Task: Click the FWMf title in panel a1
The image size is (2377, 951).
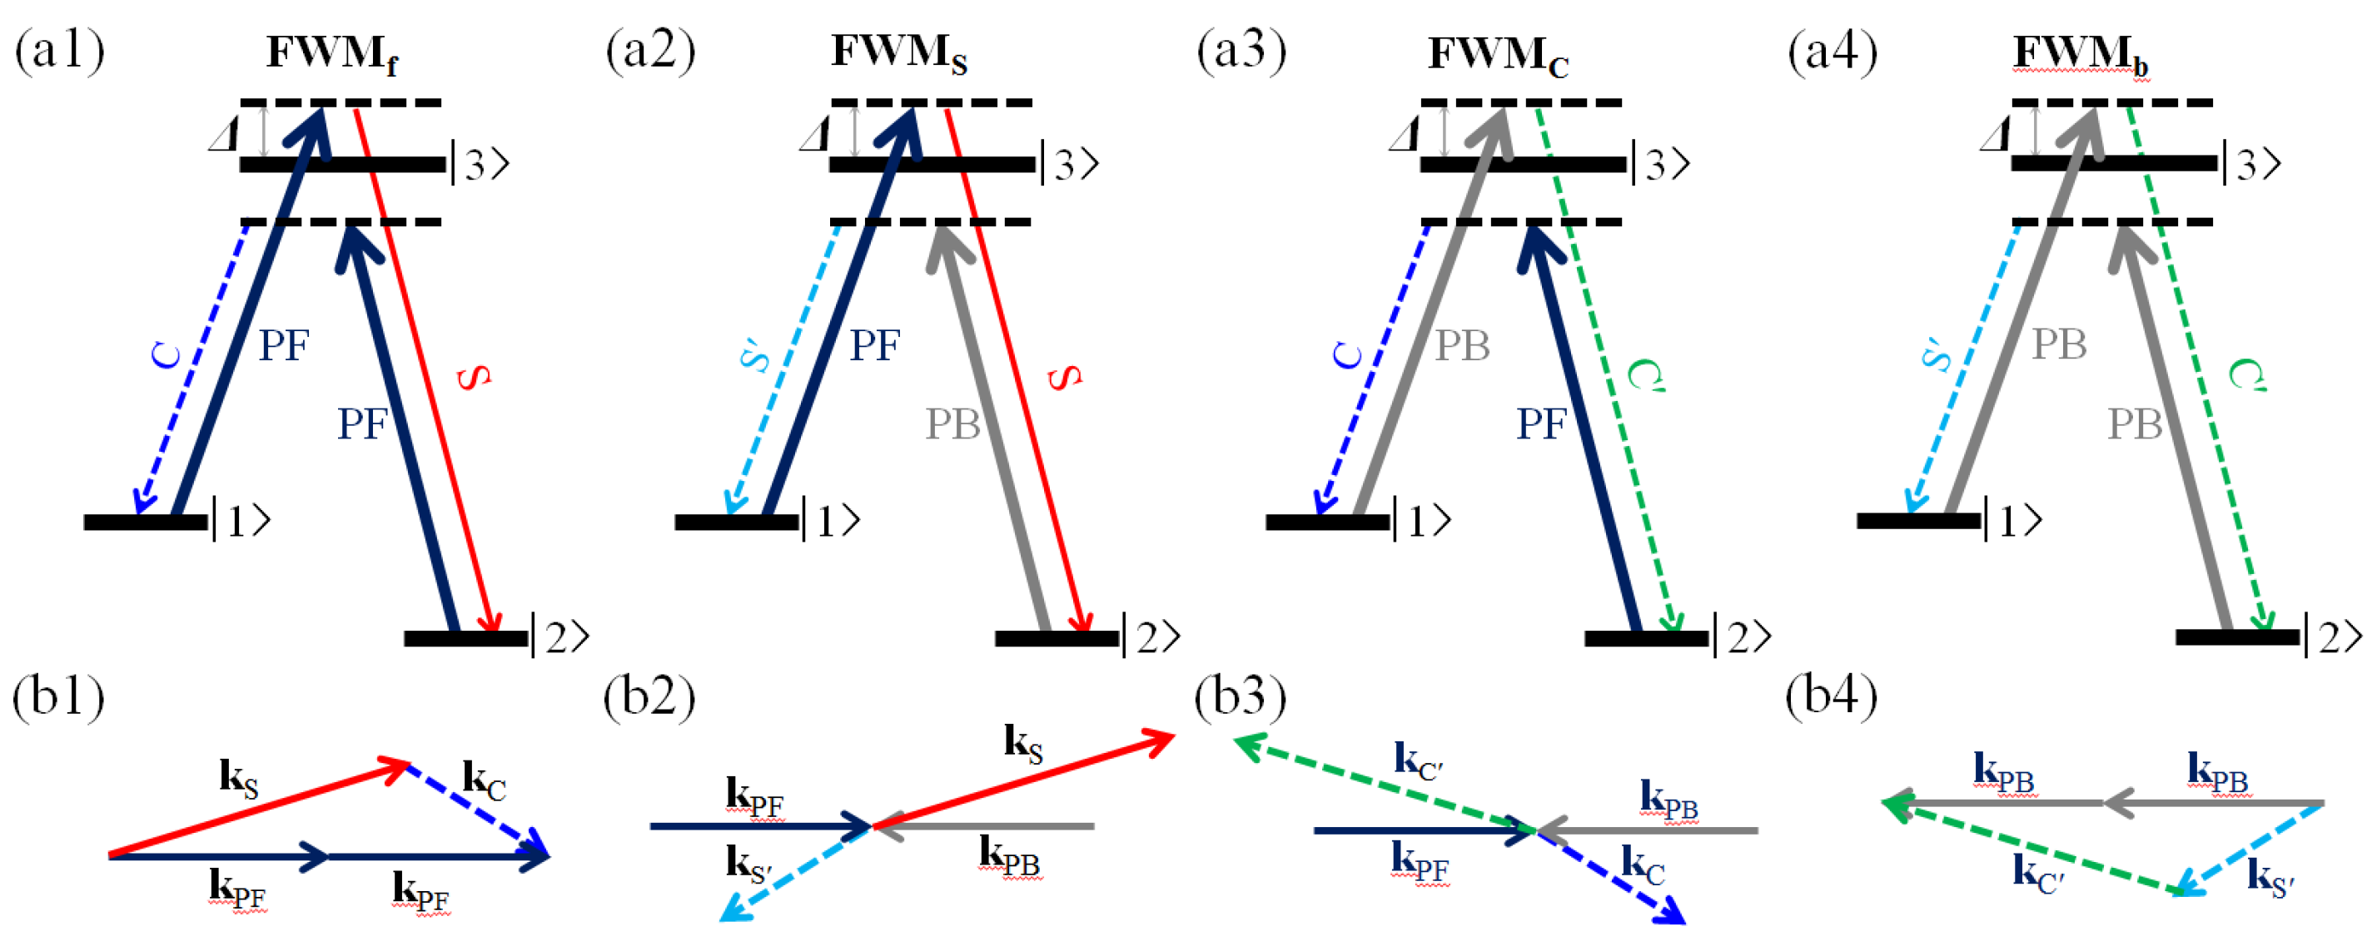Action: (333, 53)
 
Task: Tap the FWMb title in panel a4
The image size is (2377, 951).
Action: (2080, 53)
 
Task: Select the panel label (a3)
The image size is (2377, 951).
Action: (1241, 51)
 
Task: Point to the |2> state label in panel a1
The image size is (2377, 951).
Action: (561, 637)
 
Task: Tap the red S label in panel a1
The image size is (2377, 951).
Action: (475, 376)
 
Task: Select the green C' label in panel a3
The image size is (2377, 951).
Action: (1645, 375)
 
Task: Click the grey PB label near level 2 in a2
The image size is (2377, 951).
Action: (953, 424)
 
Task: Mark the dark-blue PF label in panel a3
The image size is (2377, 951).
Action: (1541, 424)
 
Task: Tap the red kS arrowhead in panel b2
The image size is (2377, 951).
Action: (1159, 739)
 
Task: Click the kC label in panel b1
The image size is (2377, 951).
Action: (484, 781)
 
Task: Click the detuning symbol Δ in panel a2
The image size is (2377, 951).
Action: (814, 136)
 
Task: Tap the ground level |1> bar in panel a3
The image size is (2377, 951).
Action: (1327, 522)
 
